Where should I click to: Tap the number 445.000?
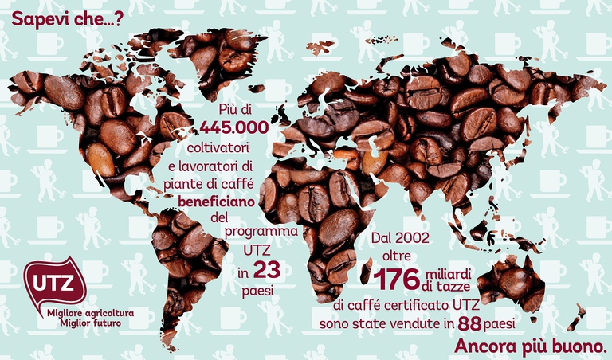click(x=233, y=128)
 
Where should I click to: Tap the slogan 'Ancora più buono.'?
click(x=530, y=348)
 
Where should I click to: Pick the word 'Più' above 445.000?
click(x=229, y=110)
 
